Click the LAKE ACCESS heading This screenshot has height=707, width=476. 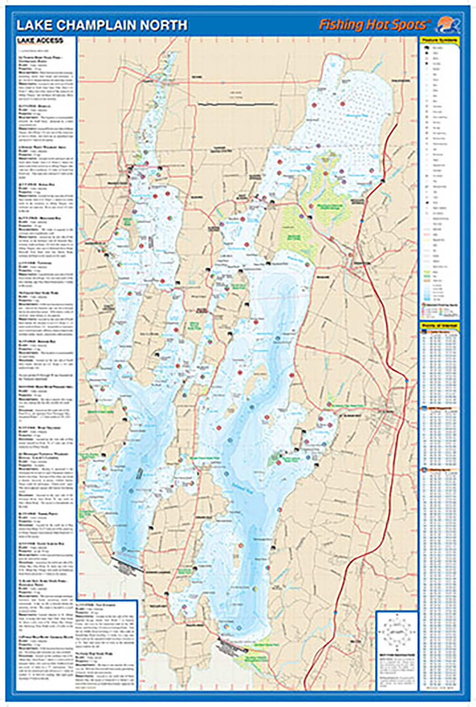pos(40,41)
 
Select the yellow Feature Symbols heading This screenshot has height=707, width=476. pos(439,40)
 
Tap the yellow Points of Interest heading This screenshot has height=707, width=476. pos(439,326)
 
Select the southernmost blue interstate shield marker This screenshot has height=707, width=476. pos(336,613)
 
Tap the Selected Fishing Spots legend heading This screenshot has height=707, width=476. pos(440,305)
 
